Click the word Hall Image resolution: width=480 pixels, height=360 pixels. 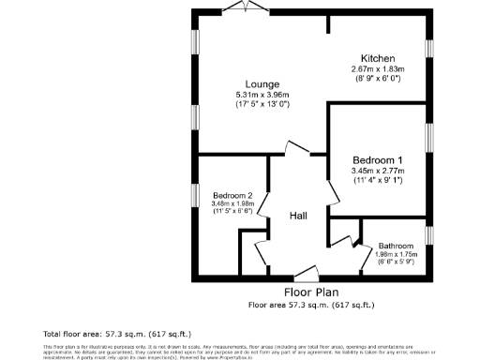[x=298, y=217]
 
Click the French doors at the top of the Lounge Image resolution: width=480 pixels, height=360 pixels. [x=247, y=7]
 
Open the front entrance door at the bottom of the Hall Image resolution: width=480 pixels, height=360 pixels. [x=307, y=276]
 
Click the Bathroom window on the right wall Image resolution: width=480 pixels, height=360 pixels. [x=428, y=234]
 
